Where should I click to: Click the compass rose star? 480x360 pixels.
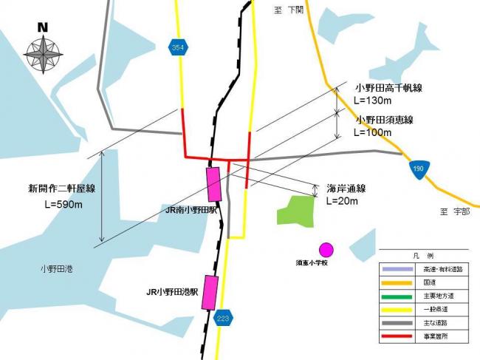click(43, 54)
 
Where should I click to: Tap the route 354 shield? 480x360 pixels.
click(177, 47)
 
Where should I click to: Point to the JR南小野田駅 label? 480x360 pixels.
click(191, 210)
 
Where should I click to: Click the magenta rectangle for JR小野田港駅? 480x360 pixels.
click(210, 291)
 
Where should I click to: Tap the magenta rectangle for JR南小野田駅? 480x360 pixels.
click(214, 184)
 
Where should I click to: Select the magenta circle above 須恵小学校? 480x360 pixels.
click(326, 249)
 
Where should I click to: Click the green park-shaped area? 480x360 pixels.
click(296, 210)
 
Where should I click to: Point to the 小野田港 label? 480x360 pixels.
click(57, 269)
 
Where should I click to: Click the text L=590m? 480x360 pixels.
click(66, 203)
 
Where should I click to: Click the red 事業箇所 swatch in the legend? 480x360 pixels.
click(399, 336)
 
